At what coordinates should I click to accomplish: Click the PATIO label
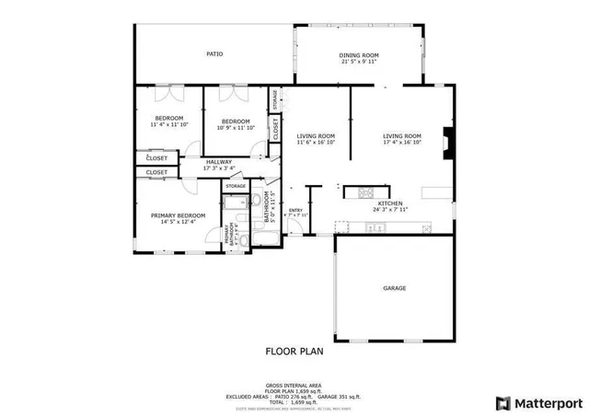click(x=214, y=54)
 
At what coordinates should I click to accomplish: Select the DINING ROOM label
click(x=359, y=55)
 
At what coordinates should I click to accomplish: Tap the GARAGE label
click(x=395, y=288)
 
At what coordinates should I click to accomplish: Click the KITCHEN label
click(x=364, y=204)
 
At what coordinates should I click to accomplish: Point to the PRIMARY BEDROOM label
click(x=179, y=215)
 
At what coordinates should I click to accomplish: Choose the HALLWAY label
click(x=219, y=162)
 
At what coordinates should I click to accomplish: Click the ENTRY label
click(x=295, y=210)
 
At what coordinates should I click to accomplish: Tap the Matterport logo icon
click(x=502, y=402)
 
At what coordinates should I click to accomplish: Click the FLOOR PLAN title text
click(x=294, y=351)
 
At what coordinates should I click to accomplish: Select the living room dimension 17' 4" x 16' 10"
click(x=402, y=143)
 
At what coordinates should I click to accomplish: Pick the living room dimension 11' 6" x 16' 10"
click(x=316, y=143)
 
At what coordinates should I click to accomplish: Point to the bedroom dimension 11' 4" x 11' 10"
click(x=169, y=124)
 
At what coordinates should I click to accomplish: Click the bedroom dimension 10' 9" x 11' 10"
click(x=236, y=128)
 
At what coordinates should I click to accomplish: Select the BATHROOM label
click(x=267, y=208)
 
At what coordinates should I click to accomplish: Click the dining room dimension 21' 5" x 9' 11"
click(x=359, y=62)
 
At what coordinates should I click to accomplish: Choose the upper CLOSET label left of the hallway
click(x=157, y=158)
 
